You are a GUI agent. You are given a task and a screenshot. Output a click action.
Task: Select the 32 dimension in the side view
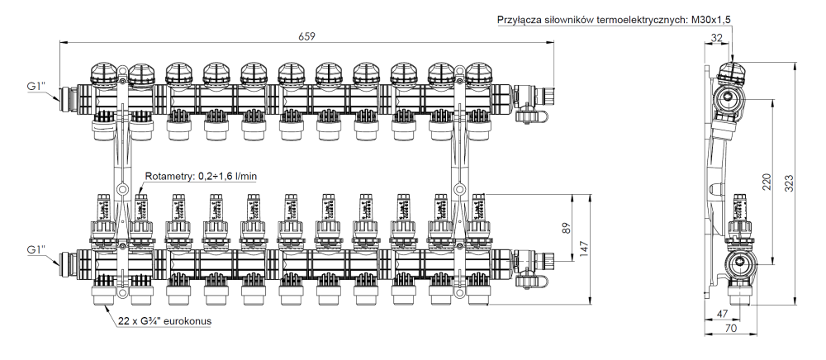coord(716,37)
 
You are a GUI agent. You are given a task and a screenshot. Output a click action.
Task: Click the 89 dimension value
coord(567,228)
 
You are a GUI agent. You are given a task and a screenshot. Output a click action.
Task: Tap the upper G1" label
coord(37,85)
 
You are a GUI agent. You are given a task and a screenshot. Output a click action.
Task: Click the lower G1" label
coord(37,250)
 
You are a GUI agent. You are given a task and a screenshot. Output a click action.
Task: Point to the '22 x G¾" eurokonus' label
coord(163,319)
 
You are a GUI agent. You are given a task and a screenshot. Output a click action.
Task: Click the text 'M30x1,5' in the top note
coord(714,20)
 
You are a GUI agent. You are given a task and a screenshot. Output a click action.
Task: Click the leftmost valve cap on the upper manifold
coord(105,75)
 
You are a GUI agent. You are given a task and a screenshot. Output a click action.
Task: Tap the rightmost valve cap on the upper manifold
coord(478,75)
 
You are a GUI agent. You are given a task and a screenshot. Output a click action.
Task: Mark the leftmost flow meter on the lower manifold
coord(105,211)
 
